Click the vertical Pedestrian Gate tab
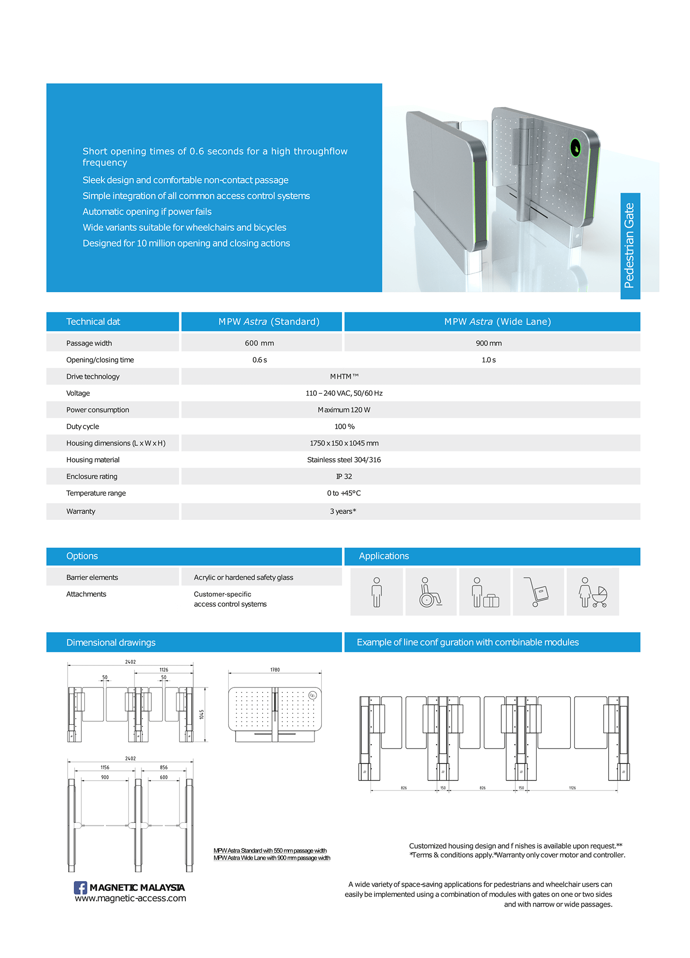[x=630, y=245]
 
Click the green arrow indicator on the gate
[x=575, y=147]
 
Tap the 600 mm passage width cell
[x=260, y=343]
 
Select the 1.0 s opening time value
[x=488, y=360]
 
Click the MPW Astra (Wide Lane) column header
[x=497, y=322]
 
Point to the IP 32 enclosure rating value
[x=344, y=477]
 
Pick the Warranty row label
[x=81, y=512]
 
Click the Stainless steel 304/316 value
[x=344, y=460]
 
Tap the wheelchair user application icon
[x=430, y=592]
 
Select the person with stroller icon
[x=593, y=592]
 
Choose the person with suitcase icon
[x=484, y=592]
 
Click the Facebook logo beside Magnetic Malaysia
[x=80, y=888]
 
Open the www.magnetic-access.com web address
[x=131, y=898]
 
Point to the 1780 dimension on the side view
[x=275, y=670]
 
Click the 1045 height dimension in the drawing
[x=202, y=714]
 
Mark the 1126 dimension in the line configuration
[x=572, y=788]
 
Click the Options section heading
[x=82, y=556]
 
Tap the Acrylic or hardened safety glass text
[x=243, y=578]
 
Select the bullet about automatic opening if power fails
[x=147, y=212]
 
